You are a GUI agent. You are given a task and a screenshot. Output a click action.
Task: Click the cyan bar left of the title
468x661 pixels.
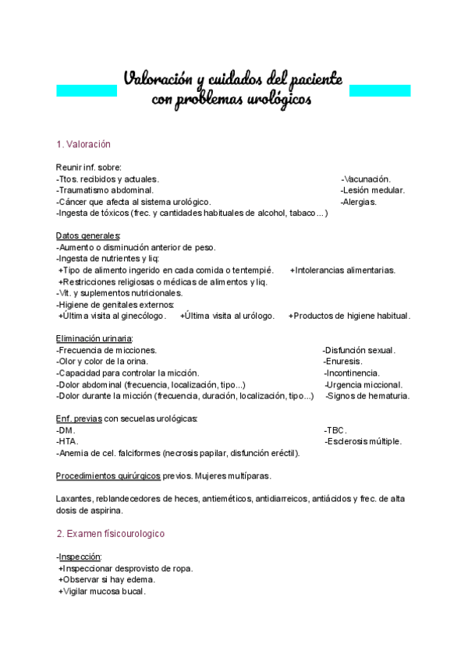(x=87, y=90)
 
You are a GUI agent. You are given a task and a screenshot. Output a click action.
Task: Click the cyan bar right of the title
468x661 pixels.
(x=379, y=90)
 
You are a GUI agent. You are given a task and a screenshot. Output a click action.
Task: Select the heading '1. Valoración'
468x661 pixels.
(x=83, y=144)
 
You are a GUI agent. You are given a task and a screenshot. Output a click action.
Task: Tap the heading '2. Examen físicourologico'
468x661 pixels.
(x=110, y=534)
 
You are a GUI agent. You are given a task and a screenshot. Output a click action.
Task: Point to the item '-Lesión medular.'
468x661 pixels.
(x=372, y=190)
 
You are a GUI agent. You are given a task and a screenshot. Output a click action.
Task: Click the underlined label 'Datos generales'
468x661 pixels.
(x=87, y=236)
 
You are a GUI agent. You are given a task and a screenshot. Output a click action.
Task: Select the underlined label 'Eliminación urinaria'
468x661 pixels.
(x=94, y=338)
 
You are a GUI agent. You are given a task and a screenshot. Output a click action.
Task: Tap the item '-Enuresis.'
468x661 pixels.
(x=342, y=362)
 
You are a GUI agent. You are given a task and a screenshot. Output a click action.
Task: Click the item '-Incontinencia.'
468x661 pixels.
(x=352, y=373)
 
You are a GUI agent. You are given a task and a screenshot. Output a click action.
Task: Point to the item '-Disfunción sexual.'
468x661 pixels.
(x=359, y=351)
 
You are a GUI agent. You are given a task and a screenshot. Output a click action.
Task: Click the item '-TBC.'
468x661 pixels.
(x=335, y=430)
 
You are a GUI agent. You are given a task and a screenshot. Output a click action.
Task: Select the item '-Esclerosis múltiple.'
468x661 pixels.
(x=363, y=442)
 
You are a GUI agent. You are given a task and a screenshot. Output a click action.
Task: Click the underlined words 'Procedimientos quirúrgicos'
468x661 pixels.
(x=108, y=475)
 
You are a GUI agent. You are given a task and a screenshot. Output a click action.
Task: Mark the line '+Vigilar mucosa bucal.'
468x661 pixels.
(x=102, y=592)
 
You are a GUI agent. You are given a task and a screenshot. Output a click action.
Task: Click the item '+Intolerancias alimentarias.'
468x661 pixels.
(x=342, y=270)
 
